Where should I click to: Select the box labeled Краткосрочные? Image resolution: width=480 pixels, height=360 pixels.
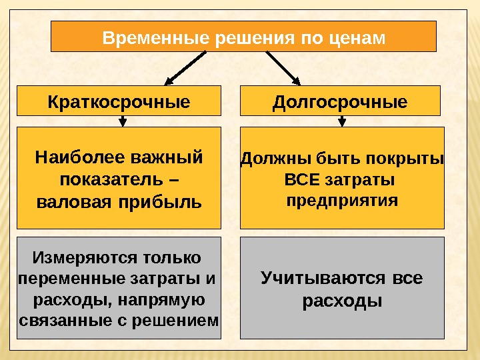(x=119, y=102)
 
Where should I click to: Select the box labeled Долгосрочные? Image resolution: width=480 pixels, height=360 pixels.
(x=340, y=102)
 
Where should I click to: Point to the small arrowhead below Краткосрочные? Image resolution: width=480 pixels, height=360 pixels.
(x=123, y=121)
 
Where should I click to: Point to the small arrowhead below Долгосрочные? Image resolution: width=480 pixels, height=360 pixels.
(x=342, y=121)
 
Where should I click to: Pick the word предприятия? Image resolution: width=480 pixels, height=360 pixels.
(x=342, y=201)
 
